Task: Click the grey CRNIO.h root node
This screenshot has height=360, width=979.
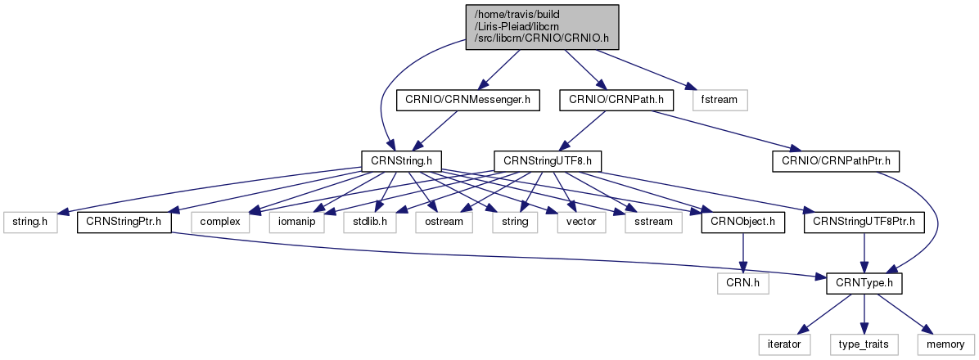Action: click(x=542, y=27)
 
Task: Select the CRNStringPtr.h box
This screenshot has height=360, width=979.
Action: click(x=124, y=221)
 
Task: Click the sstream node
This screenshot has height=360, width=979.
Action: click(x=652, y=221)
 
